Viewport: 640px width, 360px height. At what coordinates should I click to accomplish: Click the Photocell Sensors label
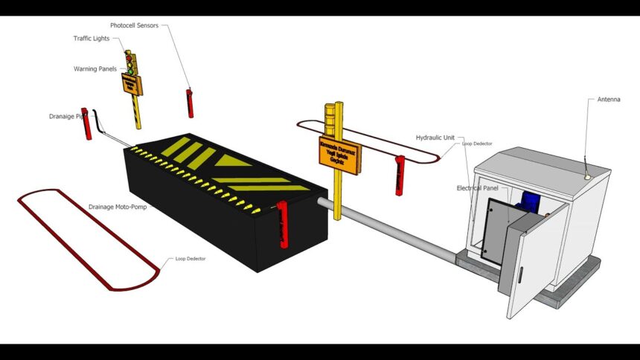pos(134,25)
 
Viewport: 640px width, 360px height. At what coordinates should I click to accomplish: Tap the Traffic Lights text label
pos(92,39)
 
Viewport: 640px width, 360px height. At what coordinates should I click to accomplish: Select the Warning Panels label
pos(95,69)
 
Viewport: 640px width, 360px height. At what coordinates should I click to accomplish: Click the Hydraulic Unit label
pos(436,138)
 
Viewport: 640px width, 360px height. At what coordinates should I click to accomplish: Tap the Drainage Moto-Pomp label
pos(118,207)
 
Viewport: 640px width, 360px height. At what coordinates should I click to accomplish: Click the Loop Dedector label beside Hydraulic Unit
pos(477,144)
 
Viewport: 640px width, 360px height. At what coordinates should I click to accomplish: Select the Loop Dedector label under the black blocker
pos(191,259)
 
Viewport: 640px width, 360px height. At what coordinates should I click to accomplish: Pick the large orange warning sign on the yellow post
pos(339,153)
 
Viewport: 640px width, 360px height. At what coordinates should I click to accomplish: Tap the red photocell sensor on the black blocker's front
pos(283,224)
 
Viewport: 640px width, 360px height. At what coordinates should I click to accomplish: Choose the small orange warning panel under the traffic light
pos(132,83)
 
